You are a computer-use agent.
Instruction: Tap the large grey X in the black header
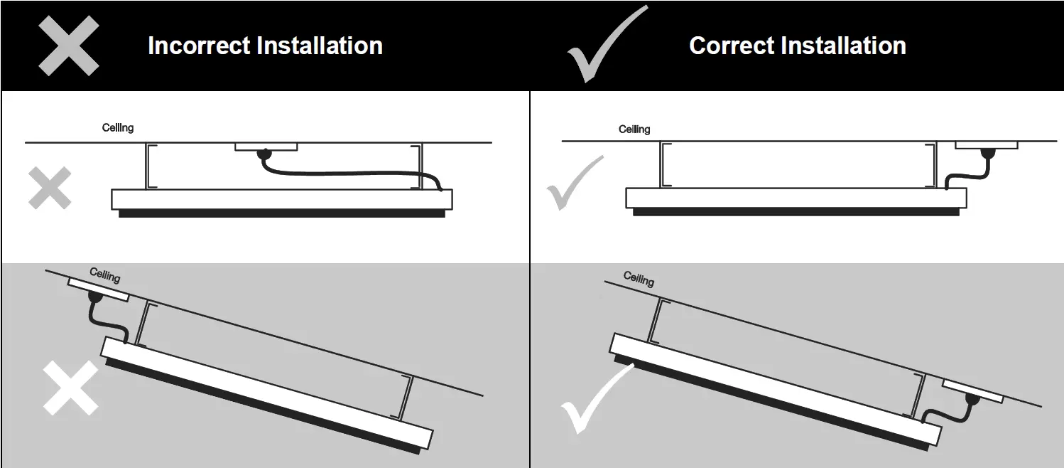[68, 46]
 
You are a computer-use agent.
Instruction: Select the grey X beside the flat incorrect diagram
[50, 188]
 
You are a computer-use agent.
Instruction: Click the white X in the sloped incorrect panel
[70, 388]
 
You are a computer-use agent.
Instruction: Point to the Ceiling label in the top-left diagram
[118, 128]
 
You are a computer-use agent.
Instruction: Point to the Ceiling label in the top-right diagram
[634, 129]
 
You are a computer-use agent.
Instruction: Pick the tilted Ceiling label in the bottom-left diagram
[104, 275]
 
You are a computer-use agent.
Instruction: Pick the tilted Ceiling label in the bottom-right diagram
[639, 279]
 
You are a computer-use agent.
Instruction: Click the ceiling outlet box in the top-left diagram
[266, 147]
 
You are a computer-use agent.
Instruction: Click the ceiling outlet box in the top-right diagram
[986, 145]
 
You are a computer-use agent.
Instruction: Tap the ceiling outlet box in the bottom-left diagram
[98, 289]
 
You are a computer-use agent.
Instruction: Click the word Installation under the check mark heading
[842, 46]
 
